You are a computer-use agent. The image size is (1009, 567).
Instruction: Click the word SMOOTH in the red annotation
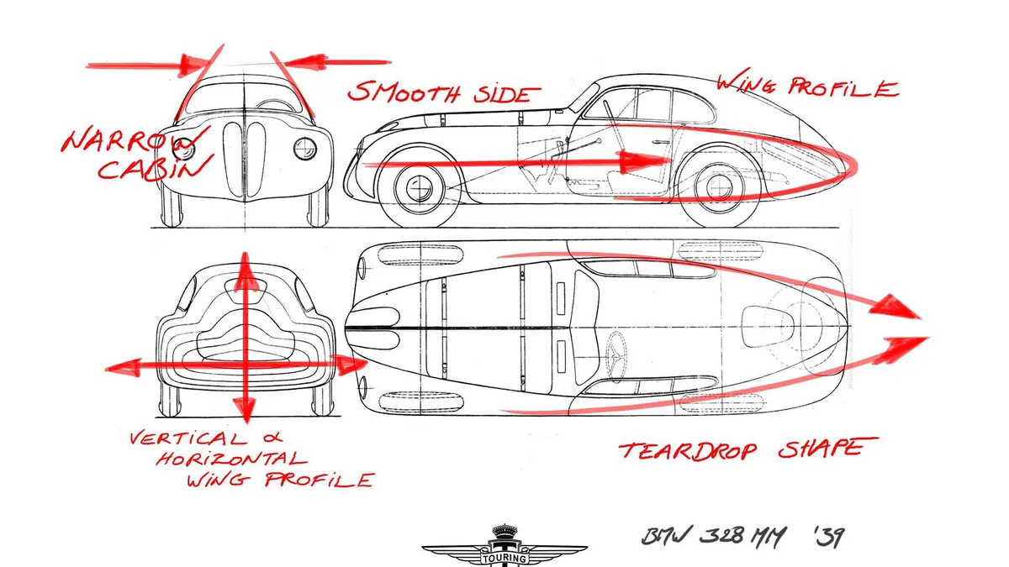404,92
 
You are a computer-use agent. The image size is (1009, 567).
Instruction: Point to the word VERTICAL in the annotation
188,438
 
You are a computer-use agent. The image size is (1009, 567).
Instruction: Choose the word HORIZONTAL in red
231,459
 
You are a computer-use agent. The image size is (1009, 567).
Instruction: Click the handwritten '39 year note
829,537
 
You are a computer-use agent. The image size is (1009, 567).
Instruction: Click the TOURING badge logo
504,546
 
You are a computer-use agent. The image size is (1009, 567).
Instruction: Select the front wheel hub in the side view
420,188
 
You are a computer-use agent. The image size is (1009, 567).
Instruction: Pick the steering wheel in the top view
618,354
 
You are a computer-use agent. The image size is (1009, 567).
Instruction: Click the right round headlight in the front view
305,149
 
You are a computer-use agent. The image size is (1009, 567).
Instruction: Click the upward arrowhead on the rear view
245,269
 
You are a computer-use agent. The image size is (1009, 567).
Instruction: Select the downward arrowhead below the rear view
245,411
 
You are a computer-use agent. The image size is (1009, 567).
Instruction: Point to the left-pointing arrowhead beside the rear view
123,368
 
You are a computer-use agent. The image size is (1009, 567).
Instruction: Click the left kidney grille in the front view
233,159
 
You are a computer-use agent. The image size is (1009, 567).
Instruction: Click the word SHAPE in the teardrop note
827,449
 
